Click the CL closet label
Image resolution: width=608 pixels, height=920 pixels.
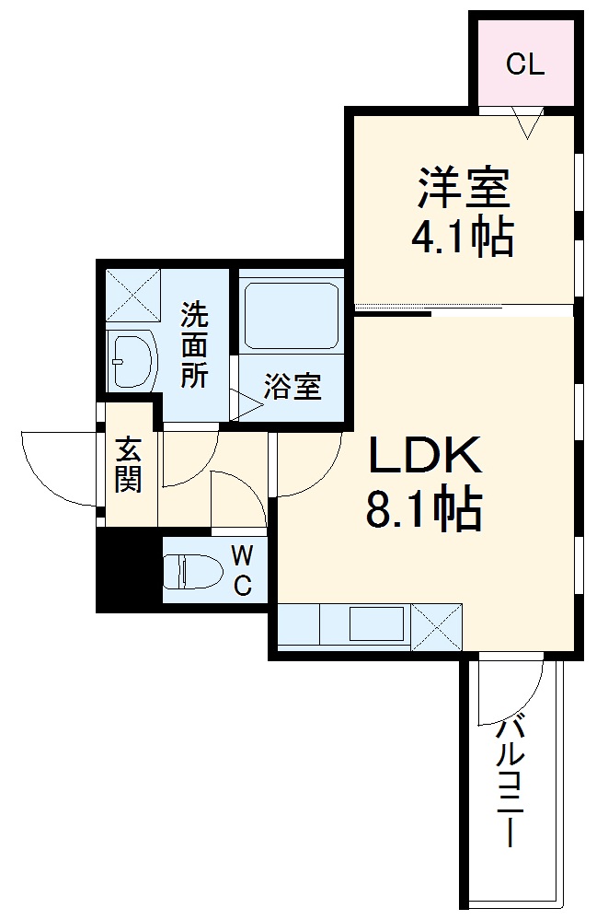(525, 64)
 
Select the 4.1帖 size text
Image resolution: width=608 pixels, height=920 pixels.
(462, 239)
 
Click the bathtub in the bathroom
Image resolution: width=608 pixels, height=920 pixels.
(290, 315)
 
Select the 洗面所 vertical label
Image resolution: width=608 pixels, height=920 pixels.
(193, 345)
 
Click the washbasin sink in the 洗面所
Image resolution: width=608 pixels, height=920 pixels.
(130, 361)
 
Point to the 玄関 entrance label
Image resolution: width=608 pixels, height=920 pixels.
(128, 465)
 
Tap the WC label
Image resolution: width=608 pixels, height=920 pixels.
(241, 571)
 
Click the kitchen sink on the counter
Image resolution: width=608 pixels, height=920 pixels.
(376, 624)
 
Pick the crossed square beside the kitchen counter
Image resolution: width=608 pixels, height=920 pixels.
(435, 626)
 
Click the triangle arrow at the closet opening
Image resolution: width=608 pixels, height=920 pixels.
(529, 122)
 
